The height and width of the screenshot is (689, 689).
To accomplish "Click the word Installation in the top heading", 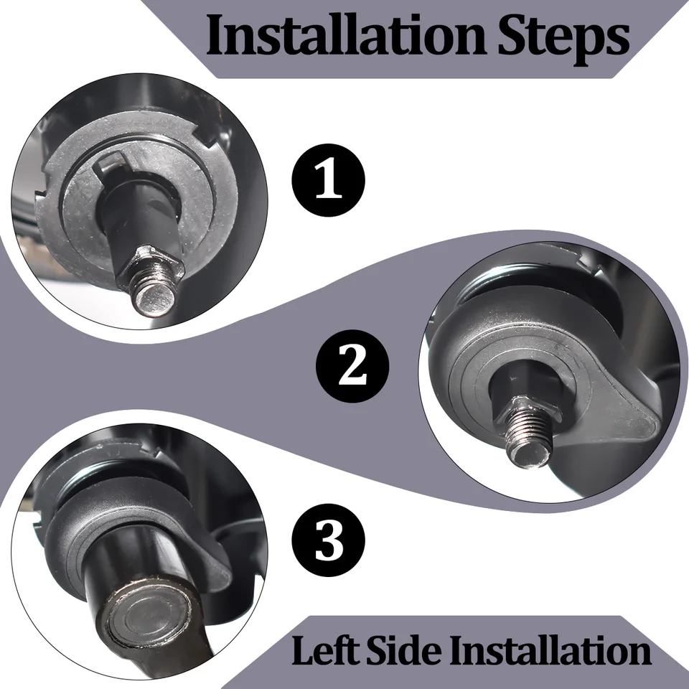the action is [x=346, y=34].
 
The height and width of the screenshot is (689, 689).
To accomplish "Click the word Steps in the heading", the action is [x=564, y=39].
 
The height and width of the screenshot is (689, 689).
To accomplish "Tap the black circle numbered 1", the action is [x=328, y=180].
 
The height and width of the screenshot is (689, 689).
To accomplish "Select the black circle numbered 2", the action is [x=352, y=366].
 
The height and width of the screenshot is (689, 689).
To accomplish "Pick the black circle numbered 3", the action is [x=328, y=540].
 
